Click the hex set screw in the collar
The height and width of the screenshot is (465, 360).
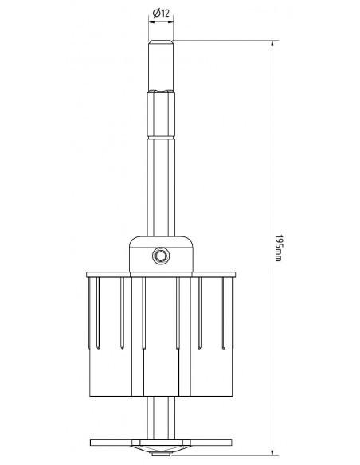(161, 256)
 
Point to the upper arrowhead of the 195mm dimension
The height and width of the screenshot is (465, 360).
(273, 44)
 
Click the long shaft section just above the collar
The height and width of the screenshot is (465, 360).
(161, 199)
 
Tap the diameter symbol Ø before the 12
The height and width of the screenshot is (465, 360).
(155, 13)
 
